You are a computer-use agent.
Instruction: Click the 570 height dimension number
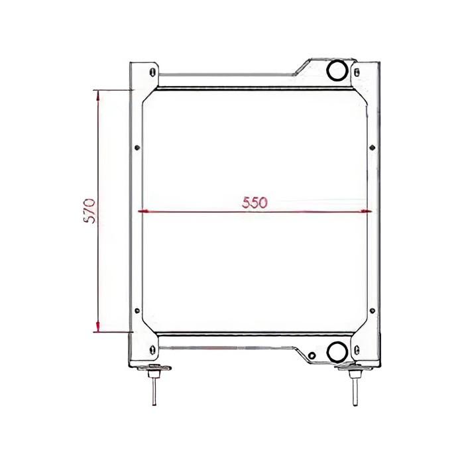(x=91, y=209)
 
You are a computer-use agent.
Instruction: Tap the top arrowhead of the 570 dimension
(x=99, y=95)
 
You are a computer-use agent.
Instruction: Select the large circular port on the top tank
(x=337, y=69)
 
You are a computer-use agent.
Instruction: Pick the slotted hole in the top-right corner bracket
(x=358, y=72)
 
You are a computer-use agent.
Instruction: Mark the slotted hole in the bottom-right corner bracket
(x=358, y=349)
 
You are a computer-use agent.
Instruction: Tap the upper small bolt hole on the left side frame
(x=137, y=148)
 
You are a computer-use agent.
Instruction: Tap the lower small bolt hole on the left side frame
(x=137, y=311)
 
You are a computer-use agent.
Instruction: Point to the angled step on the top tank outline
(x=300, y=67)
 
